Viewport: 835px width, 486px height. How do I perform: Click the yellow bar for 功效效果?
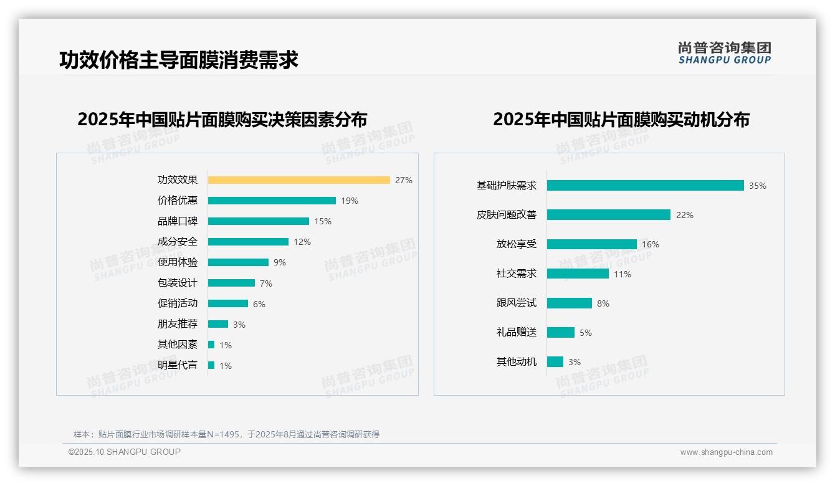click(x=298, y=180)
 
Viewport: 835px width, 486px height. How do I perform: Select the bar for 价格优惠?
click(x=272, y=201)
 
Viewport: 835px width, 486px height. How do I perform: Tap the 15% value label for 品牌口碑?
click(x=323, y=221)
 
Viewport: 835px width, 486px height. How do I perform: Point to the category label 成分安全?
click(x=178, y=242)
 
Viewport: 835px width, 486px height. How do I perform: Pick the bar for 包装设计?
click(x=231, y=283)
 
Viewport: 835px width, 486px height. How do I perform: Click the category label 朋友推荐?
click(x=178, y=324)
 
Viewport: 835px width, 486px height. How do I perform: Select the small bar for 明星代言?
click(x=211, y=365)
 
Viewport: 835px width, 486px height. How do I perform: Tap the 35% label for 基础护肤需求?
click(x=758, y=186)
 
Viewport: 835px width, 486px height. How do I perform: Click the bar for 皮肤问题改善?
click(x=609, y=215)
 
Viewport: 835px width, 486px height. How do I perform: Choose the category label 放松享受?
click(x=517, y=244)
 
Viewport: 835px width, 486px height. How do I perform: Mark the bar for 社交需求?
click(x=578, y=274)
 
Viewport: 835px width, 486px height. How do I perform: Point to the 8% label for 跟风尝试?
click(x=603, y=303)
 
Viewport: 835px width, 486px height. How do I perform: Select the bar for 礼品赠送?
click(x=561, y=333)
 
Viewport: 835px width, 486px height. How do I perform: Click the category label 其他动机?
click(x=517, y=362)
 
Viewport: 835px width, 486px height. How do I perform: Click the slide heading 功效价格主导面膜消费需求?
click(x=179, y=60)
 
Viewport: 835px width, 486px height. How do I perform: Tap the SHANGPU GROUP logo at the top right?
click(x=724, y=53)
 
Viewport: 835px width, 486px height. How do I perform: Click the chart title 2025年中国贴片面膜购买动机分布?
click(x=621, y=120)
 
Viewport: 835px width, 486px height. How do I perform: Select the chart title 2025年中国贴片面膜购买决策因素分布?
click(x=222, y=120)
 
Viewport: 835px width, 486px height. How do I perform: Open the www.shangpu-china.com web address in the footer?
click(x=726, y=452)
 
